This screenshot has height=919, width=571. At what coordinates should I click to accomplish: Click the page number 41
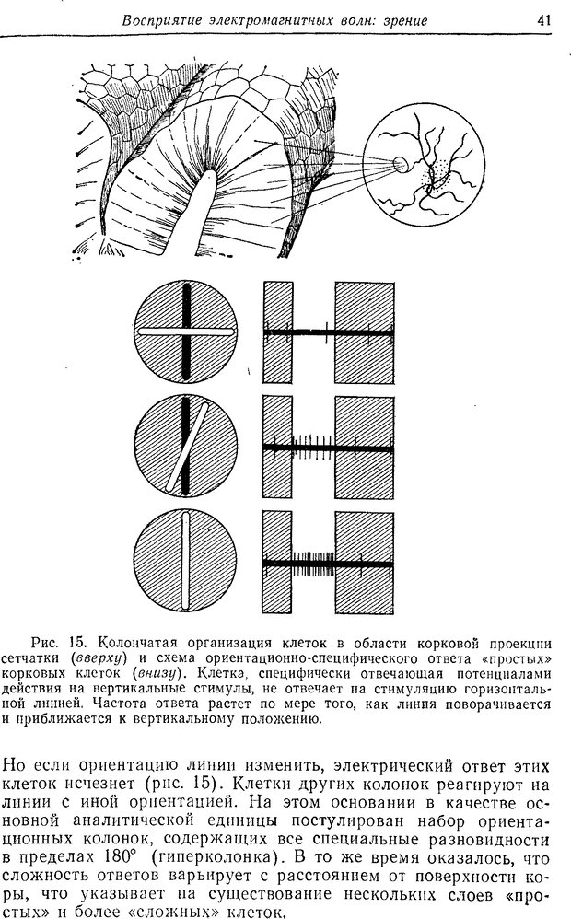click(545, 17)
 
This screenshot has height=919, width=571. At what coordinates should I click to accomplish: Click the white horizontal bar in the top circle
click(187, 330)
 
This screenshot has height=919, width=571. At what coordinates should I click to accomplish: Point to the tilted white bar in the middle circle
click(187, 447)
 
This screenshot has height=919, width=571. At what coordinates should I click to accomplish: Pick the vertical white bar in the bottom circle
click(186, 561)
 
